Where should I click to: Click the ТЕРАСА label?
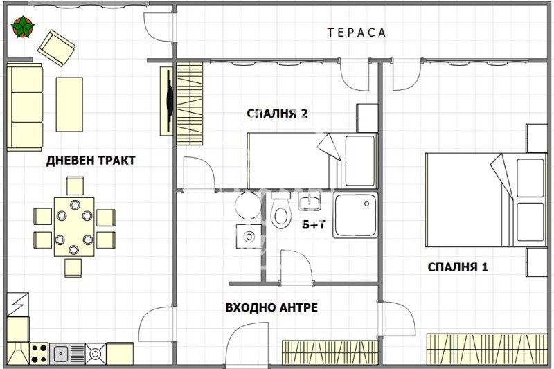tap(357, 33)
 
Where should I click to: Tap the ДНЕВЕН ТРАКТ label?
tap(91, 161)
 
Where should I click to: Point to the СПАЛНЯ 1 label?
tap(458, 267)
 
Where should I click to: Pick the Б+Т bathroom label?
tap(314, 224)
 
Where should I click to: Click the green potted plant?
tap(23, 28)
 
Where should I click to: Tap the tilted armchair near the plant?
tap(56, 47)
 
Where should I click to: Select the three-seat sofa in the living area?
tap(26, 105)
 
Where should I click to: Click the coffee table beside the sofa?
tap(69, 105)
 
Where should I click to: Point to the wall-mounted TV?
tap(168, 100)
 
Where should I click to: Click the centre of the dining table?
tap(74, 226)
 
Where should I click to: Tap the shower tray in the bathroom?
tap(355, 216)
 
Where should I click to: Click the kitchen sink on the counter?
tap(62, 354)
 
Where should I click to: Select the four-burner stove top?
tap(39, 354)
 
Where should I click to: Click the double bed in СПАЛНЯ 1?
tap(485, 199)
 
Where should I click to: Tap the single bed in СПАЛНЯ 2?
tap(312, 160)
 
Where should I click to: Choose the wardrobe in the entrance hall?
tap(330, 352)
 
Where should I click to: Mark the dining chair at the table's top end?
tap(75, 186)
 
